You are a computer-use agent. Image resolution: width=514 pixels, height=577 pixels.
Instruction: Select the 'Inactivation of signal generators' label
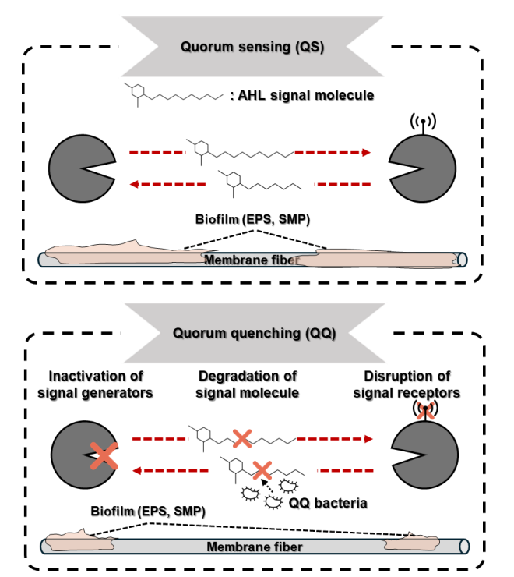point(96,385)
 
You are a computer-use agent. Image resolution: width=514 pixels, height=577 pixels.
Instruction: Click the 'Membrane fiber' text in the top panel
point(252,259)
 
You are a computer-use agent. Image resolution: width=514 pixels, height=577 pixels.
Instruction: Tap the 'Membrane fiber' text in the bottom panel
point(254,547)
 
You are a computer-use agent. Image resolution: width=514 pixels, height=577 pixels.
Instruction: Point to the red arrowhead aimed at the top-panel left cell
point(134,184)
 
